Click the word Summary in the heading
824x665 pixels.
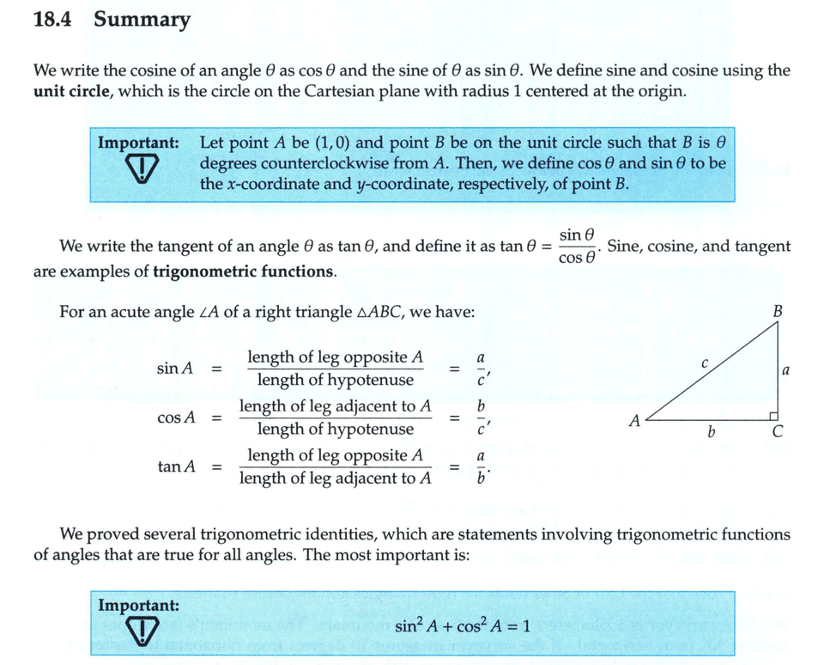point(142,20)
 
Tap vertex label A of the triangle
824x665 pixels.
point(634,421)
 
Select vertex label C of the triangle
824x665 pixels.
point(777,432)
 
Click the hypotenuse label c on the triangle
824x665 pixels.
point(704,363)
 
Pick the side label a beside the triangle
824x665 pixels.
point(786,370)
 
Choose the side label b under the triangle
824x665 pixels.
point(711,432)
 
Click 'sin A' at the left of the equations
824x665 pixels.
point(175,369)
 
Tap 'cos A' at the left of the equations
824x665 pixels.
point(176,418)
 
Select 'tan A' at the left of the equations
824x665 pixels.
point(176,467)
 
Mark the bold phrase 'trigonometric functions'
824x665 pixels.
point(244,272)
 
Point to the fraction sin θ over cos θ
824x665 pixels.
point(576,246)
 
